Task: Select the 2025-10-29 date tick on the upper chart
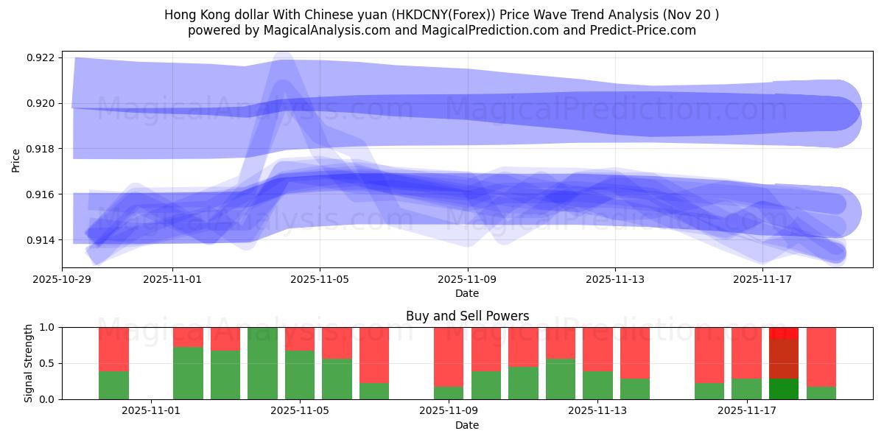click(x=62, y=279)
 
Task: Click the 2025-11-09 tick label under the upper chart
click(x=467, y=279)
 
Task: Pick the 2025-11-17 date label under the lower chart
click(x=747, y=411)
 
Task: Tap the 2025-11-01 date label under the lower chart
click(x=151, y=411)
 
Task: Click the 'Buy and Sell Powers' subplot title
click(x=467, y=316)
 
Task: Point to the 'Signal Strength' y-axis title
click(x=29, y=363)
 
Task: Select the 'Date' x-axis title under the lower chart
click(x=467, y=425)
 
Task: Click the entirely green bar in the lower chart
click(x=262, y=363)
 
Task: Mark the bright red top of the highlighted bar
click(x=784, y=333)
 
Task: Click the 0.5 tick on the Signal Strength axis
click(x=47, y=363)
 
